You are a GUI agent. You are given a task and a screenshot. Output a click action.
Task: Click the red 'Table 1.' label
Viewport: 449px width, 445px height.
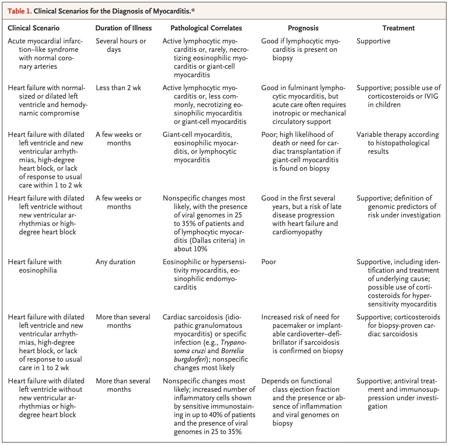pyautogui.click(x=19, y=11)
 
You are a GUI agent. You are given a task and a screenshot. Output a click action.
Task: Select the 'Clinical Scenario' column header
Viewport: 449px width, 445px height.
pyautogui.click(x=34, y=28)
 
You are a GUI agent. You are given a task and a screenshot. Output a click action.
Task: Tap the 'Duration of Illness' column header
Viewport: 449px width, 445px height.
pyautogui.click(x=123, y=28)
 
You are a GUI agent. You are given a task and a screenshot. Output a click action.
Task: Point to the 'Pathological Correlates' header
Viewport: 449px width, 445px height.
pyautogui.click(x=206, y=28)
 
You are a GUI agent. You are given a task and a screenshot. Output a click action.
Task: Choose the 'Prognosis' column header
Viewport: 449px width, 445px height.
pyautogui.click(x=303, y=28)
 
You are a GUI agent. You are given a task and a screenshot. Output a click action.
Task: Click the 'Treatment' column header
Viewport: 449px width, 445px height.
pyautogui.click(x=398, y=28)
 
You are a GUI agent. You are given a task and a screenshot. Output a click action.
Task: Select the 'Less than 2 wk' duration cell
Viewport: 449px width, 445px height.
pyautogui.click(x=118, y=88)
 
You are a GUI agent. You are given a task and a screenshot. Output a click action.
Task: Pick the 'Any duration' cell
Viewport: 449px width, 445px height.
pyautogui.click(x=115, y=262)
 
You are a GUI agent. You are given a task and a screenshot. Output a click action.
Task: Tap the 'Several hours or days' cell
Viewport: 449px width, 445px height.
pyautogui.click(x=121, y=45)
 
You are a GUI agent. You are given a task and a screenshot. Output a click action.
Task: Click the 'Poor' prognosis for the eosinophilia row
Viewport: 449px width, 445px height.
pyautogui.click(x=268, y=262)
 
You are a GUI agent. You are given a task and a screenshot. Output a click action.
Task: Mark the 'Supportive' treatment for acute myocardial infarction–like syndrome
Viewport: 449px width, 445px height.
pyautogui.click(x=373, y=41)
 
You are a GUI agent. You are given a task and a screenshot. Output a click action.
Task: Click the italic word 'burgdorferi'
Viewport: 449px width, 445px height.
pyautogui.click(x=190, y=359)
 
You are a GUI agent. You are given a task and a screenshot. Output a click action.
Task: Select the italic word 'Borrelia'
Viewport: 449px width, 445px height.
pyautogui.click(x=232, y=351)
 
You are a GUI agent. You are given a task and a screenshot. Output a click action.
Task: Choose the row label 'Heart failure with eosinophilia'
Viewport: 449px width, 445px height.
pyautogui.click(x=35, y=266)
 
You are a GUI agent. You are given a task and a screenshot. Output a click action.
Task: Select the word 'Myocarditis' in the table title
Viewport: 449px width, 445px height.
pyautogui.click(x=171, y=11)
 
